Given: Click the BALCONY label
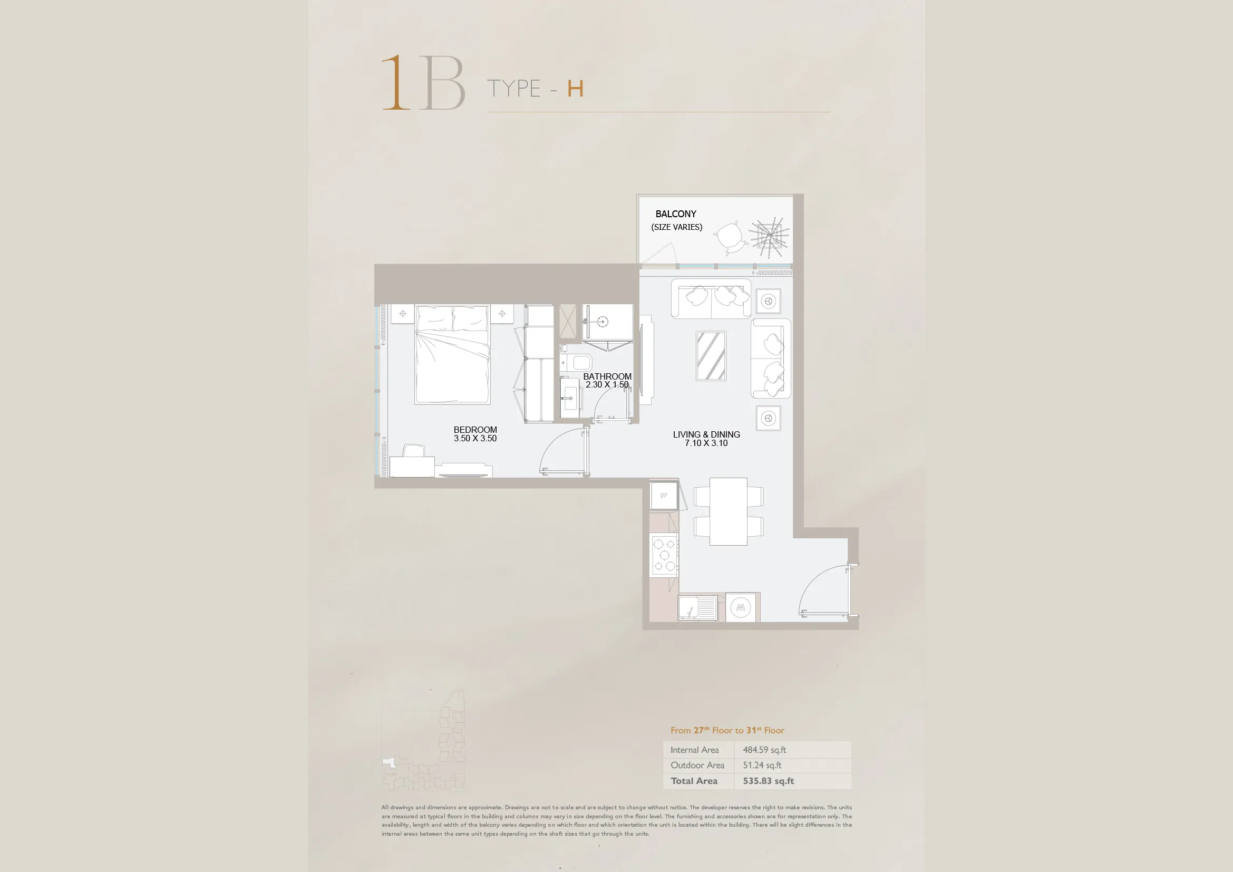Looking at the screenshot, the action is click(x=676, y=214).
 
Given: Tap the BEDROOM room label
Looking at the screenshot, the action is click(x=475, y=430).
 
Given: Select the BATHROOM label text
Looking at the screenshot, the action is click(x=607, y=376).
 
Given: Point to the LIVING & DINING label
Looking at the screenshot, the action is click(x=706, y=434).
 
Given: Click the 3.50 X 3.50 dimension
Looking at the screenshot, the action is click(x=475, y=438).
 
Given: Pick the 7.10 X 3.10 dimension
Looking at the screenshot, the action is click(x=706, y=443).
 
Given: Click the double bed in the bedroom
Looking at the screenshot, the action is click(x=452, y=354).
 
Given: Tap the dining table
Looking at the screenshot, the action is click(x=728, y=511).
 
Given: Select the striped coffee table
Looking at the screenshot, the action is click(x=711, y=356).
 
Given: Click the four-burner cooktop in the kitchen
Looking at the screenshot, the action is click(x=664, y=555).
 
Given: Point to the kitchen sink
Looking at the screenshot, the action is click(x=697, y=608).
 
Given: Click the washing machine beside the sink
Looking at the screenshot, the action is click(x=741, y=608).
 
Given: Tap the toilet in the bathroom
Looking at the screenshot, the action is click(x=577, y=362).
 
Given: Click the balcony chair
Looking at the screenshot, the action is click(x=730, y=237).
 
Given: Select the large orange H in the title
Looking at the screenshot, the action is click(x=575, y=89).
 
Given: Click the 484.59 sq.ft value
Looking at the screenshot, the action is click(x=764, y=750).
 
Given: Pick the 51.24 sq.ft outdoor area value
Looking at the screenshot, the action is click(x=762, y=765).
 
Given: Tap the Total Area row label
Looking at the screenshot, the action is click(x=694, y=781).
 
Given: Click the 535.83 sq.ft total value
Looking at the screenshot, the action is click(x=769, y=781).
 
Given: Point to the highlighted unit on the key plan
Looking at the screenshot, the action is click(x=390, y=762).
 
